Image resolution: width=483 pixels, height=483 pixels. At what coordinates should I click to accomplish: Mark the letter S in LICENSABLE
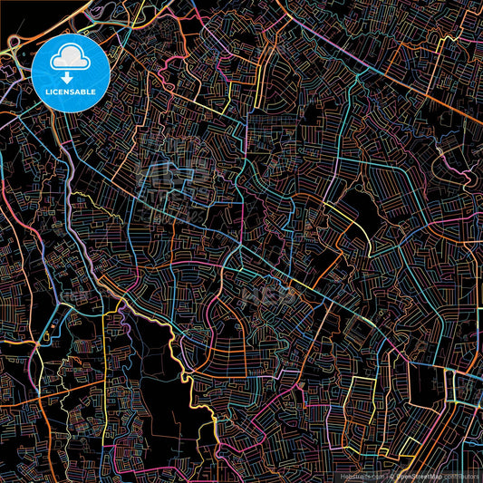[72, 91]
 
